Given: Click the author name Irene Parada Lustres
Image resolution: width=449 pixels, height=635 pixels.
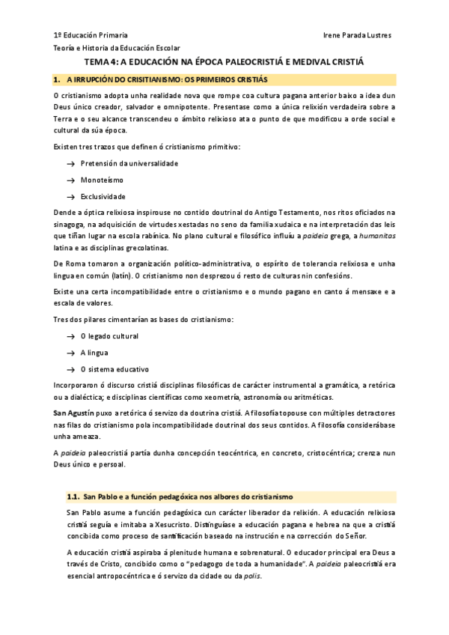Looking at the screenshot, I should [x=356, y=35].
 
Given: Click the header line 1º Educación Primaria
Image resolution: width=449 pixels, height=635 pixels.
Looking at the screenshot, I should [x=91, y=35].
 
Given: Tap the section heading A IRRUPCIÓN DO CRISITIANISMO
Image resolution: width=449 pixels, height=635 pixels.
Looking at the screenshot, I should [x=167, y=79].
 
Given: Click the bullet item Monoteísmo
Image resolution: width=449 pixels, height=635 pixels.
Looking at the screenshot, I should [x=102, y=180].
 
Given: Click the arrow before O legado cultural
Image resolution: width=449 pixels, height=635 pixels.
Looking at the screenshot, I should [x=70, y=336].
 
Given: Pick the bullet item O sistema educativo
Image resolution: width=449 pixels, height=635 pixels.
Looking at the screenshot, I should [x=114, y=369].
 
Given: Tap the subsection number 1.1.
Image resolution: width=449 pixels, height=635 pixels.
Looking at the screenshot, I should [x=73, y=496].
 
